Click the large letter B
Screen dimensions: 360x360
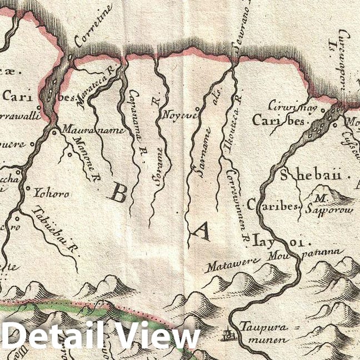pos(118,193)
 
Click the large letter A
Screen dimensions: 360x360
pos(201,229)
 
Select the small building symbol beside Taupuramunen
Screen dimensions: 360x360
pos(227,334)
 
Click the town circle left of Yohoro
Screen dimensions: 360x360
pos(28,190)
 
